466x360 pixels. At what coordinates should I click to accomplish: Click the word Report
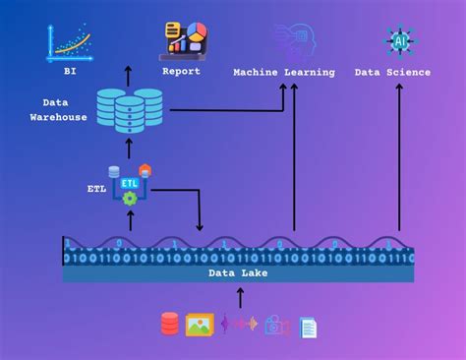tap(181, 72)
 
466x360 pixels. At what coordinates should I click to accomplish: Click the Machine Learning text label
tap(284, 72)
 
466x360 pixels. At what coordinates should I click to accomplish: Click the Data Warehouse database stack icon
tap(129, 110)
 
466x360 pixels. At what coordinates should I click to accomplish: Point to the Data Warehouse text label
tap(65, 109)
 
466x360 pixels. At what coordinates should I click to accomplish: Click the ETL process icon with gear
tap(129, 184)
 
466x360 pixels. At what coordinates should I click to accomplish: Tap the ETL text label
tap(96, 187)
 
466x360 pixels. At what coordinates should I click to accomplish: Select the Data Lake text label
tap(238, 273)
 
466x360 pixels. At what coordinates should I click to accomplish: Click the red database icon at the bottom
tap(170, 324)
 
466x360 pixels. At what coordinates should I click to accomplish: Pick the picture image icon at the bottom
tap(200, 325)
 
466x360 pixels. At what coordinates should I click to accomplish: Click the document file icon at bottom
tap(308, 327)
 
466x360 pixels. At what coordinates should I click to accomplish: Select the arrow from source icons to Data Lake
tap(239, 298)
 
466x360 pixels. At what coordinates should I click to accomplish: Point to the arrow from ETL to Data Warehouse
tap(129, 150)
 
